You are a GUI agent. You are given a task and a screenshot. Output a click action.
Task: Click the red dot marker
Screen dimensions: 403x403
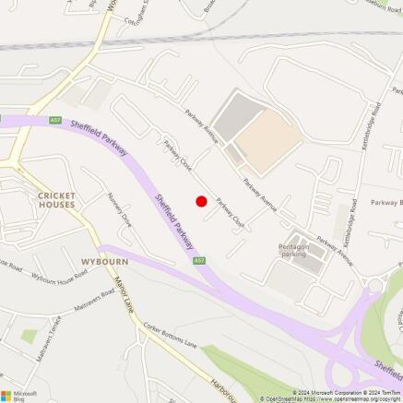[x=201, y=201]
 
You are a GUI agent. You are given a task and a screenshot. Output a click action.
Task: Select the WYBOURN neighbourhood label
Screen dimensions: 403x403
[x=104, y=262]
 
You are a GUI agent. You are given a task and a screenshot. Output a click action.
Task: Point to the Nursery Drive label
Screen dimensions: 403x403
[x=119, y=216]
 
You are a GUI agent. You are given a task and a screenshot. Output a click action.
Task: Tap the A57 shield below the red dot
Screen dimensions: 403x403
[x=198, y=261]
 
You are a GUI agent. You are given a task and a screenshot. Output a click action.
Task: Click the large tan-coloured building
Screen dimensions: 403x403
[x=267, y=139]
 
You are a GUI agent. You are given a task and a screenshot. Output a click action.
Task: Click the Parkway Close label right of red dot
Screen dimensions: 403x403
[x=230, y=214]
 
